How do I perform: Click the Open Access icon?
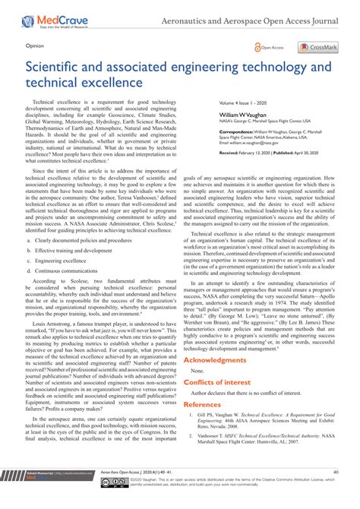pyautogui.click(x=270, y=47)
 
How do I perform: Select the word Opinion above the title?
pyautogui.click(x=36, y=45)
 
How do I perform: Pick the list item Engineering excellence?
pyautogui.click(x=63, y=258)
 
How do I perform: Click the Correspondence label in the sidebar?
pyautogui.click(x=236, y=131)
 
